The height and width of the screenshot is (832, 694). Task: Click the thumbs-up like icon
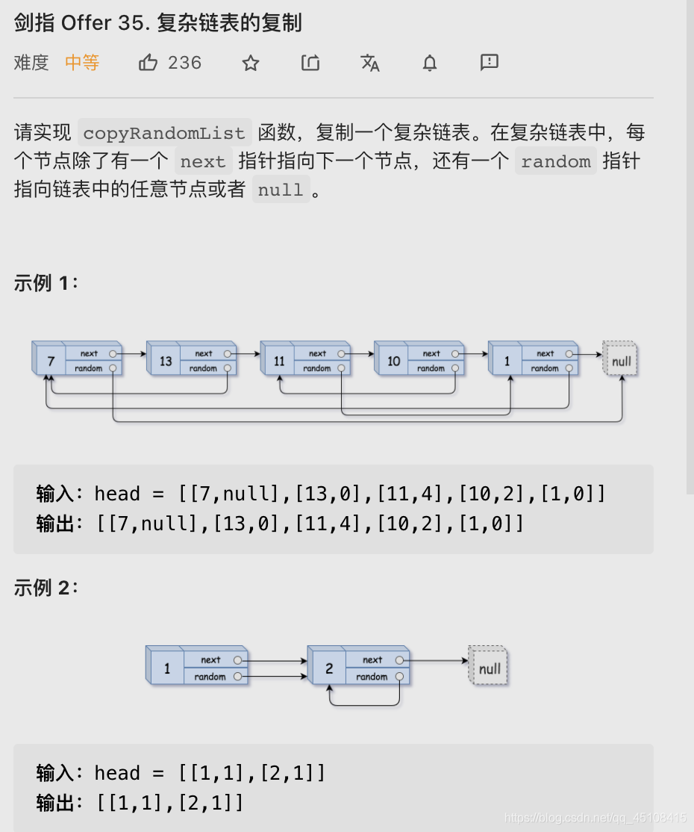click(x=148, y=63)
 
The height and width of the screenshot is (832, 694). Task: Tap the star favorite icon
click(x=251, y=63)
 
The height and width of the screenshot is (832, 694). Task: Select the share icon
click(x=310, y=63)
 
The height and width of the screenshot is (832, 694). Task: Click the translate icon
click(x=370, y=63)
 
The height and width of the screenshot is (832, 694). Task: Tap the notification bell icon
click(x=430, y=63)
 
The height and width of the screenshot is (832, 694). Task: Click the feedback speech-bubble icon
click(x=490, y=62)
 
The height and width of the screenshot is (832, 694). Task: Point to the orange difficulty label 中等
click(x=82, y=63)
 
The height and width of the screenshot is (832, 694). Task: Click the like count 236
click(x=185, y=63)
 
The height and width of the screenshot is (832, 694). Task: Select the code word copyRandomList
click(x=164, y=133)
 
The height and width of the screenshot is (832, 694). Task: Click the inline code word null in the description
click(x=281, y=190)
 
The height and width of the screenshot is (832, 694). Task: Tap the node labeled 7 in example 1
click(x=51, y=361)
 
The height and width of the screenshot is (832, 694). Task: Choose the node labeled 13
click(x=165, y=361)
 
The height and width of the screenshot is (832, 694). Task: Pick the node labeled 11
click(x=279, y=361)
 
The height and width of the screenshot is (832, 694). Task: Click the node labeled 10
click(x=393, y=361)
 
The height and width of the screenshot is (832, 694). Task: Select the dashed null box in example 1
click(x=621, y=361)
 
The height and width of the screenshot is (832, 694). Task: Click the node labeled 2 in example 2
click(x=329, y=668)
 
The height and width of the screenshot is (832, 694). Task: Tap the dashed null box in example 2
click(x=490, y=668)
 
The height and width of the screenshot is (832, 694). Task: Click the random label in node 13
click(x=203, y=368)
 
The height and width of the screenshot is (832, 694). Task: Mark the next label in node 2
click(x=372, y=659)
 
